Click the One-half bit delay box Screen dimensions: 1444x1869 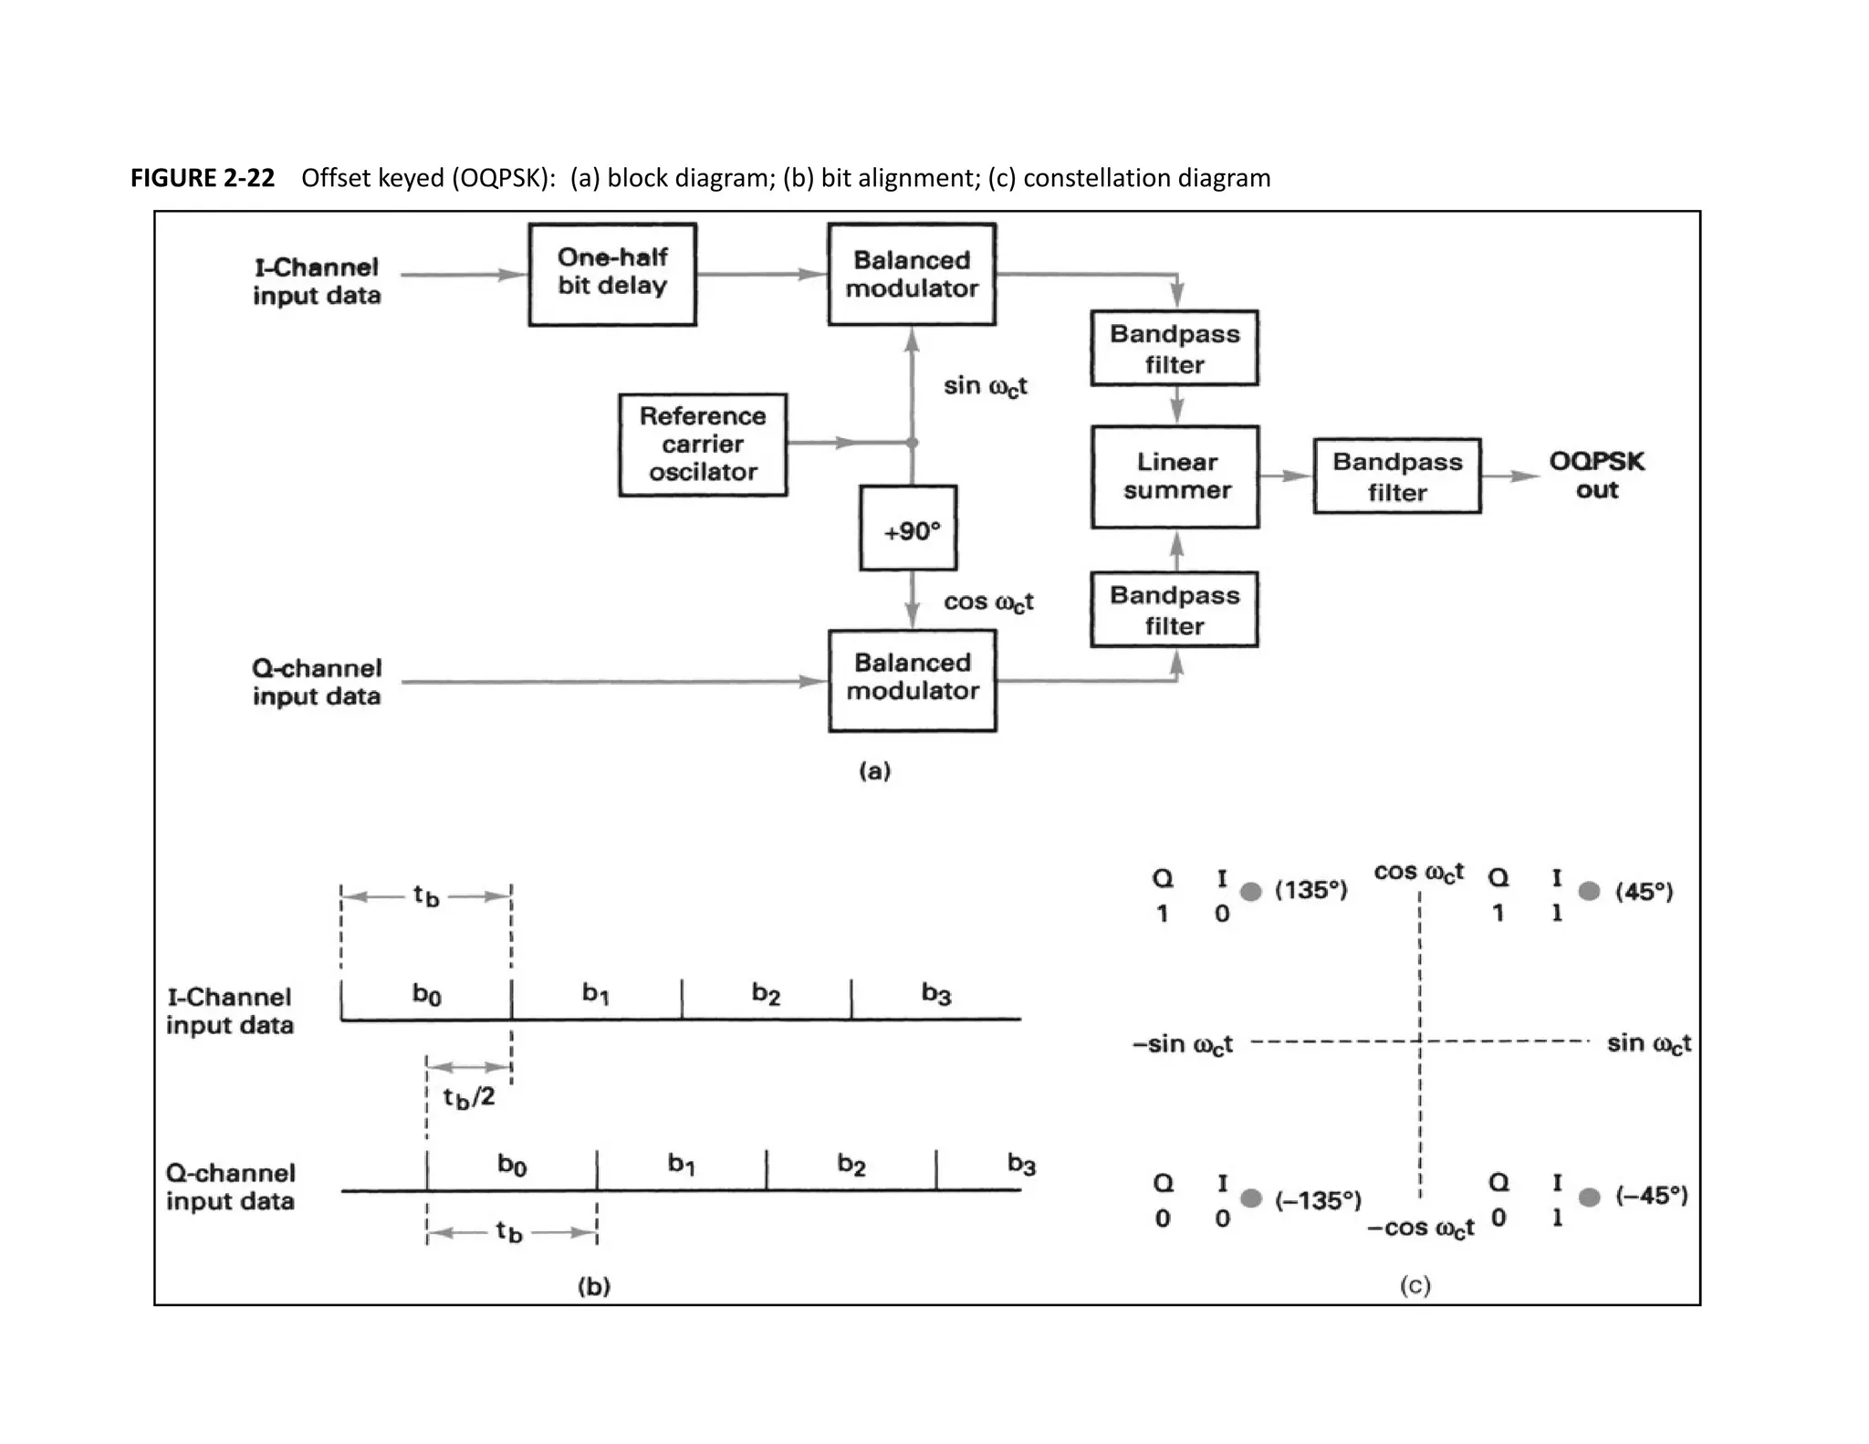click(612, 273)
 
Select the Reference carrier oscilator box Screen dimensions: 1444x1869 click(702, 445)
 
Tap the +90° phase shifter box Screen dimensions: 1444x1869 click(909, 529)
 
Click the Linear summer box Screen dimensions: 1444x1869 click(1175, 476)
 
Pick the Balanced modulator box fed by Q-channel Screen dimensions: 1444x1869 click(912, 679)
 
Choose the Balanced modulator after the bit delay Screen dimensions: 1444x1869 click(912, 274)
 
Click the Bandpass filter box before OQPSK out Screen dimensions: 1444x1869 click(1396, 476)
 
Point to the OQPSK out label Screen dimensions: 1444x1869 click(1596, 476)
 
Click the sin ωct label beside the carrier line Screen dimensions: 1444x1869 click(985, 386)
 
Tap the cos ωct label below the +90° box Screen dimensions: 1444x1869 click(988, 602)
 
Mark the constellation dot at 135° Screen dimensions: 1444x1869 click(1251, 892)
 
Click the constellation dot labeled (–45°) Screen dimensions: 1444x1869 click(1589, 1197)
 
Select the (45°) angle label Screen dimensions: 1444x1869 click(1644, 892)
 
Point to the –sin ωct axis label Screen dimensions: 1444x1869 click(1183, 1044)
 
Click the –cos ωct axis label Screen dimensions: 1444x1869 click(1420, 1229)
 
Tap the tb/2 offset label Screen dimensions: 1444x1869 click(469, 1097)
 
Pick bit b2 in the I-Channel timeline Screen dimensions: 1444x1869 click(766, 994)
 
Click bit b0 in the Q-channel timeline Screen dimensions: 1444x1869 click(512, 1165)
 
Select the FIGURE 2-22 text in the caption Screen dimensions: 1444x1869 click(203, 178)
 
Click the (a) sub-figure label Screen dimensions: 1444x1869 click(874, 771)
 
